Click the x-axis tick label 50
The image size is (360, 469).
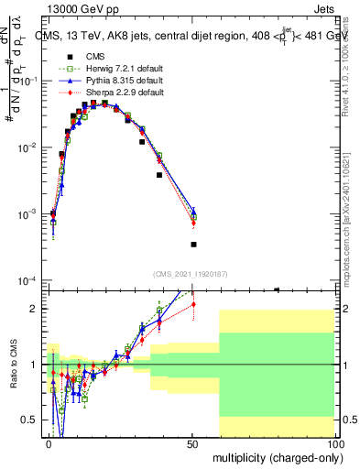pyautogui.click(x=192, y=442)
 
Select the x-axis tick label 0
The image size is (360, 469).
pyautogui.click(x=49, y=442)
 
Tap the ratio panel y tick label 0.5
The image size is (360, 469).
pyautogui.click(x=30, y=420)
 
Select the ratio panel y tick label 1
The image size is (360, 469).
pyautogui.click(x=34, y=365)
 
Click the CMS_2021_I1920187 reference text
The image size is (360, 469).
pyautogui.click(x=191, y=273)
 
